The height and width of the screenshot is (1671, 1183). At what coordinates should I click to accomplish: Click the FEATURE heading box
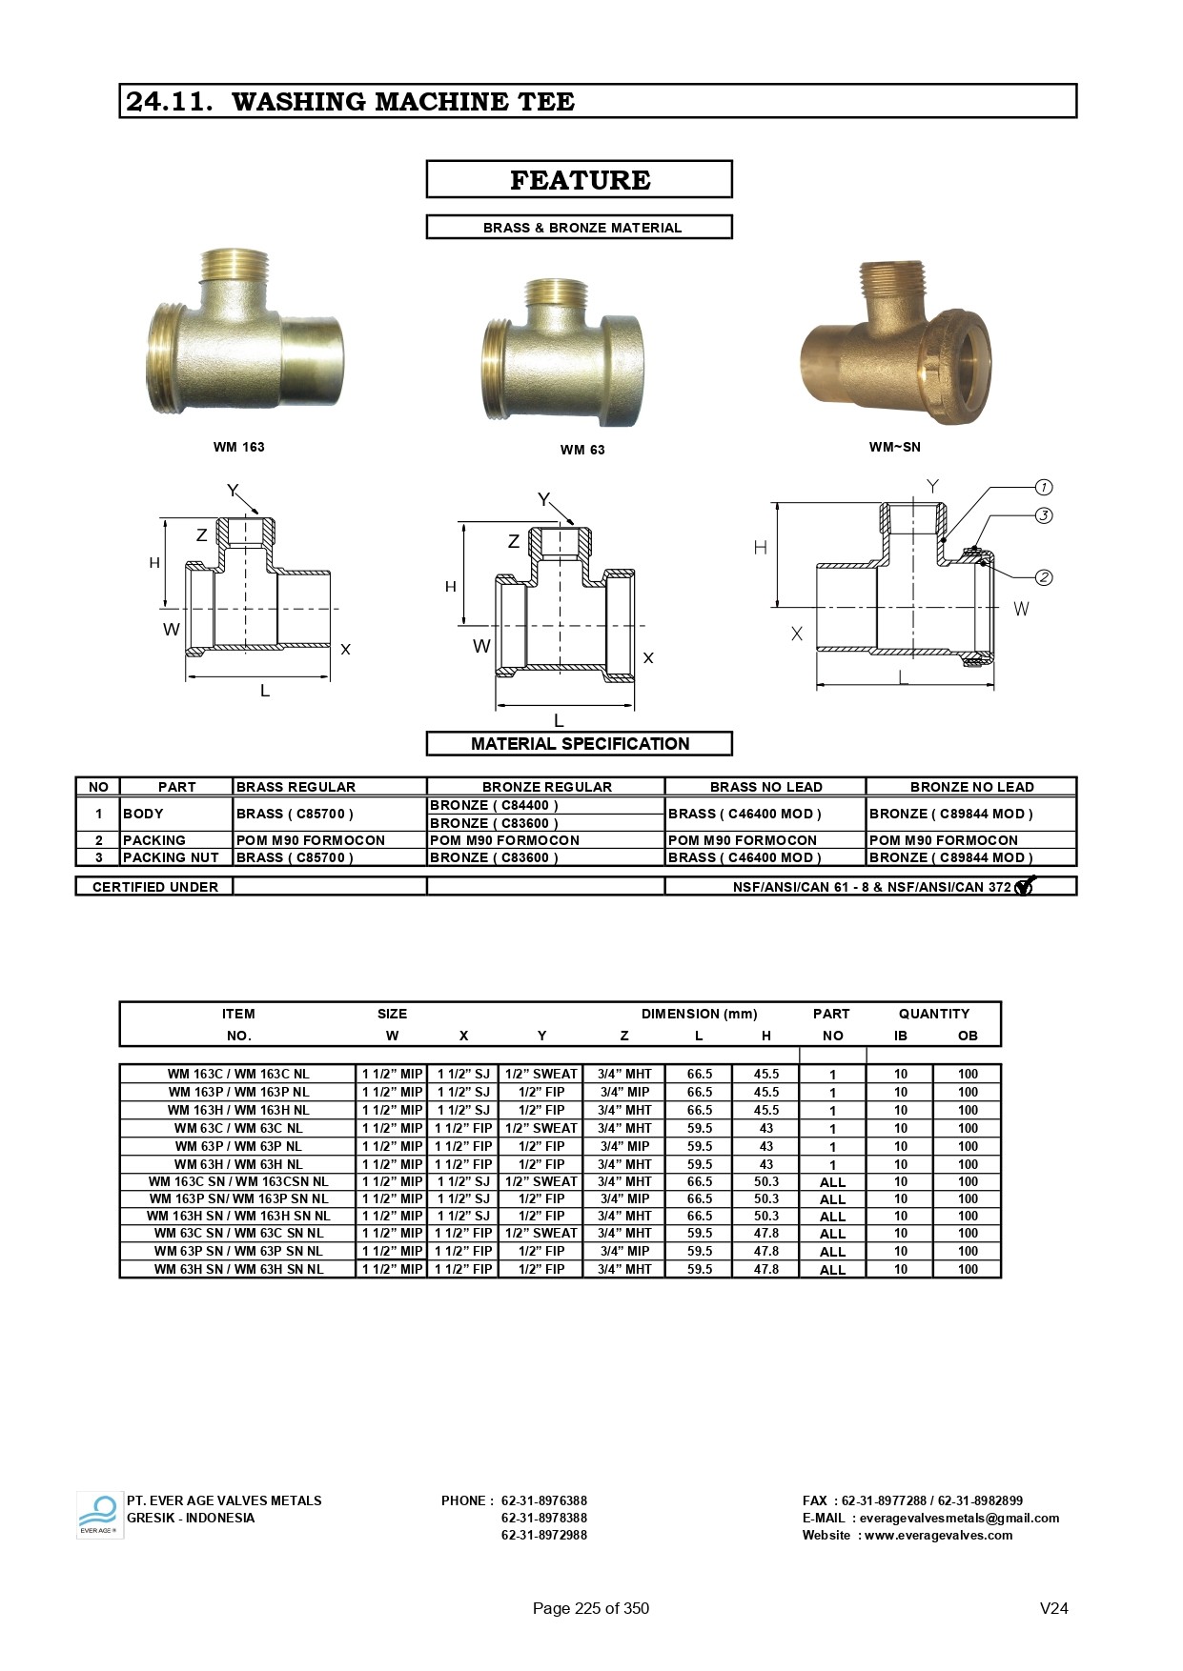click(579, 179)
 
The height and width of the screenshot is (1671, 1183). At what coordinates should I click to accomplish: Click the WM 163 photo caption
click(239, 447)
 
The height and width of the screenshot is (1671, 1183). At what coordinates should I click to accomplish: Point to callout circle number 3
click(1044, 515)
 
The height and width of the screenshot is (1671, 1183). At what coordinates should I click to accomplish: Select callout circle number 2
click(1044, 577)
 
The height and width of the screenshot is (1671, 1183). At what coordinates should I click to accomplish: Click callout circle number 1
click(1044, 488)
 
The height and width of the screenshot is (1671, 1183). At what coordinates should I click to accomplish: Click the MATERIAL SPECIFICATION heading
click(580, 744)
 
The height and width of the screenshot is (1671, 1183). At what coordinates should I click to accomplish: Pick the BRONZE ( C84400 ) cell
click(494, 805)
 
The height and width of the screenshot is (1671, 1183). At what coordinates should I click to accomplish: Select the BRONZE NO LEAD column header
click(971, 787)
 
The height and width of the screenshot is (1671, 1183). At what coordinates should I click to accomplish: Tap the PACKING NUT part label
click(171, 857)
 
